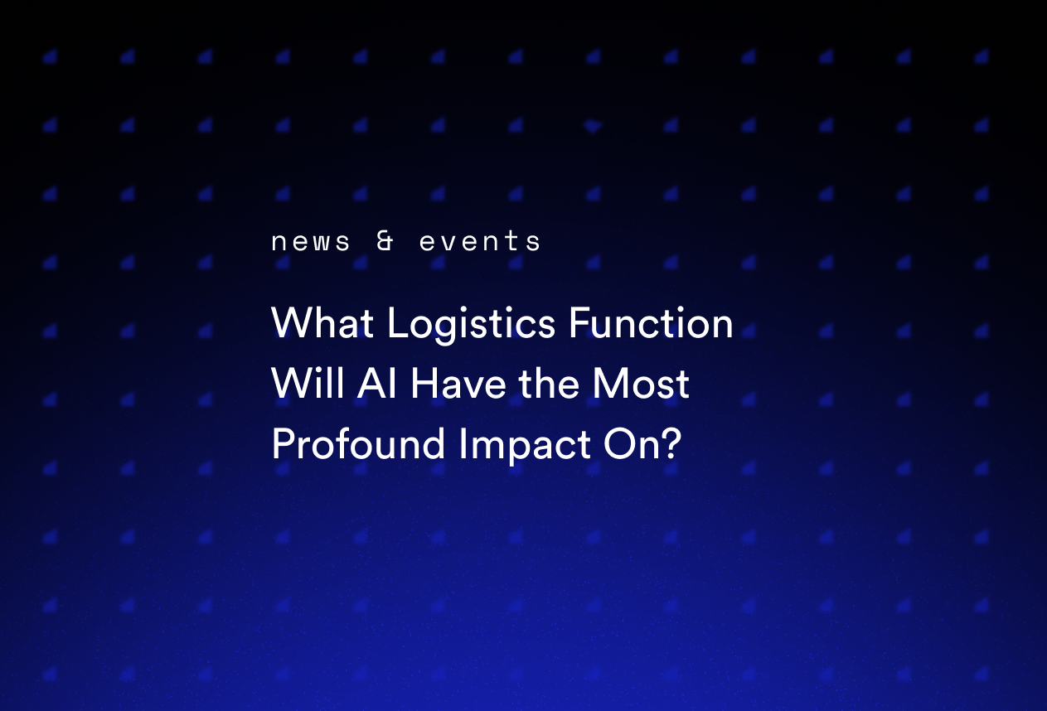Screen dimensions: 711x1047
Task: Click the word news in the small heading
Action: point(311,242)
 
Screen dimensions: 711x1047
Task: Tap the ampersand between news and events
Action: point(385,241)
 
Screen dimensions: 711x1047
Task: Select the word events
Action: point(480,242)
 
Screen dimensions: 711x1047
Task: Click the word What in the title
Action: point(322,323)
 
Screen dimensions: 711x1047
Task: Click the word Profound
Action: point(359,444)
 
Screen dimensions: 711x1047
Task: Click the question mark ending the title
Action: point(669,444)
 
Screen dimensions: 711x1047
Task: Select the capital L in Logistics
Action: point(395,323)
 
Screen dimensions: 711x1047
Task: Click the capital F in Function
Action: point(578,323)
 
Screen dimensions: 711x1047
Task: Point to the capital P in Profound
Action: point(282,444)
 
